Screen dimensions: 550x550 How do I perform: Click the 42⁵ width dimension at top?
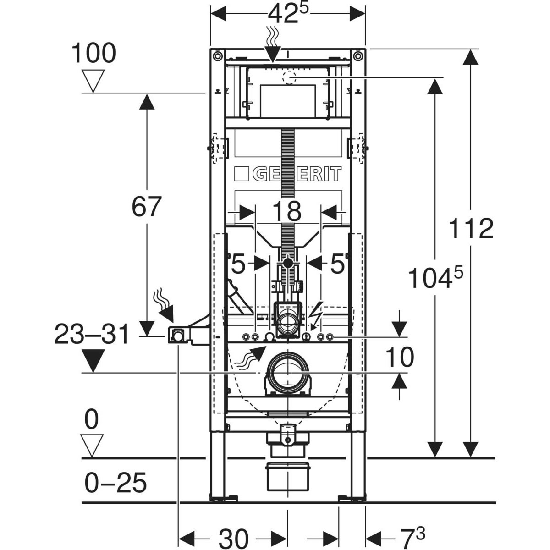pyautogui.click(x=288, y=14)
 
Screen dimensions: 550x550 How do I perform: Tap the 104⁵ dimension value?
pyautogui.click(x=436, y=277)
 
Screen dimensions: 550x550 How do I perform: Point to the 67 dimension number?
pyautogui.click(x=147, y=206)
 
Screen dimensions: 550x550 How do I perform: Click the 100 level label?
pyautogui.click(x=93, y=53)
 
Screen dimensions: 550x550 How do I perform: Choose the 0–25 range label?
pyautogui.click(x=115, y=483)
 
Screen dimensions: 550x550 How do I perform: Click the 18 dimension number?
pyautogui.click(x=287, y=211)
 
